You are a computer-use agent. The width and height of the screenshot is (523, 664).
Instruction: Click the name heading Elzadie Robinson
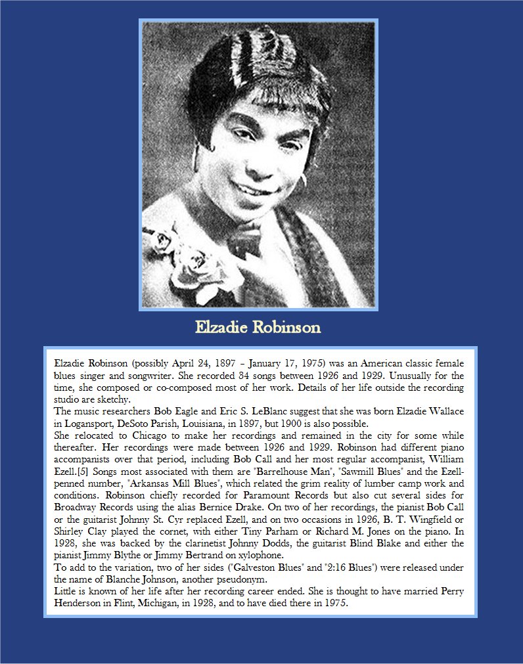(258, 327)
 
